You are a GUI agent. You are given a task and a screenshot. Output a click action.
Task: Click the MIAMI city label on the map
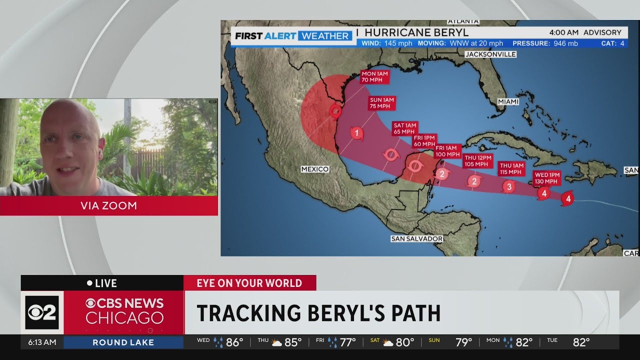pyautogui.click(x=508, y=101)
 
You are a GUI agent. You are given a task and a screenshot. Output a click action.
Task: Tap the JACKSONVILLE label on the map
pyautogui.click(x=490, y=54)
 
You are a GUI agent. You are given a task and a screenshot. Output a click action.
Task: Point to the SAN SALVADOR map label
pyautogui.click(x=416, y=239)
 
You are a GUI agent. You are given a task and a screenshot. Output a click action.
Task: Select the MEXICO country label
pyautogui.click(x=315, y=169)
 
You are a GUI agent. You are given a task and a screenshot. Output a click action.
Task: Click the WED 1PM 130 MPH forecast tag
pyautogui.click(x=546, y=178)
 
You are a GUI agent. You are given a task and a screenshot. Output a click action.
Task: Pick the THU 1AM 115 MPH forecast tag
pyautogui.click(x=511, y=169)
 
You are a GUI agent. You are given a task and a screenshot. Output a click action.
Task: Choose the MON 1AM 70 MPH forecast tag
pyautogui.click(x=374, y=76)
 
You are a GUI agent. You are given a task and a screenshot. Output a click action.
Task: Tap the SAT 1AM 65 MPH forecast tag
pyautogui.click(x=405, y=128)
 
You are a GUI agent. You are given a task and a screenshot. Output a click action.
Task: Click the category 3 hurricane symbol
pyautogui.click(x=508, y=187)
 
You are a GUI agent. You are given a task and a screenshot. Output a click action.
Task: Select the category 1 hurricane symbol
pyautogui.click(x=356, y=133)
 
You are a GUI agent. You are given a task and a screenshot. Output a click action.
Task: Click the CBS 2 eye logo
pyautogui.click(x=42, y=312)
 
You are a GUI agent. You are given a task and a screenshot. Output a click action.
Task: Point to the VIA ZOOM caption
pyautogui.click(x=108, y=205)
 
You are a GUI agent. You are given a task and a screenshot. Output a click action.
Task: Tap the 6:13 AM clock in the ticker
pyautogui.click(x=42, y=342)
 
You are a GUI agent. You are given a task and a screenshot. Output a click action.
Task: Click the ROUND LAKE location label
pyautogui.click(x=123, y=342)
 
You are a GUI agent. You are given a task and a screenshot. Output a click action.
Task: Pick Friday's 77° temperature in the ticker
pyautogui.click(x=347, y=342)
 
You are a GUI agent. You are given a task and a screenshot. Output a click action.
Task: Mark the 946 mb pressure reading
pyautogui.click(x=565, y=43)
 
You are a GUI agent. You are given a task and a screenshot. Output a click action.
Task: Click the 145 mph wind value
pyautogui.click(x=398, y=43)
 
